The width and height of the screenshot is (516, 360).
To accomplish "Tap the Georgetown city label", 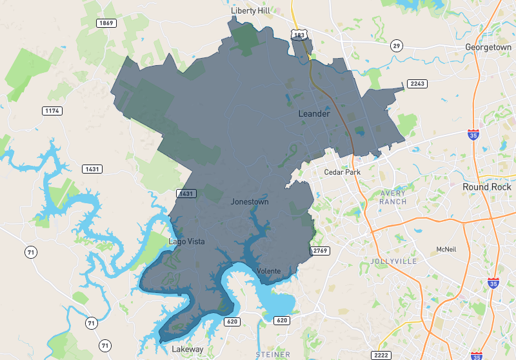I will click(488, 47).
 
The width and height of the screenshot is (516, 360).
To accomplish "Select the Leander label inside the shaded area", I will click(314, 114).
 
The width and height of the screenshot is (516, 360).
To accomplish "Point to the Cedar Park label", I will click(342, 172).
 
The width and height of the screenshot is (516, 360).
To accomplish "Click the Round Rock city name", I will click(486, 186).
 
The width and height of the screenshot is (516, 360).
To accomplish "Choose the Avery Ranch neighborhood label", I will click(393, 197).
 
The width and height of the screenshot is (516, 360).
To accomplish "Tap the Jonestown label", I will click(250, 202).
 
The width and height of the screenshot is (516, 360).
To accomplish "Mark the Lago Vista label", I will click(186, 241).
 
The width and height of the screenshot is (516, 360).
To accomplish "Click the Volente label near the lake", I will click(268, 271).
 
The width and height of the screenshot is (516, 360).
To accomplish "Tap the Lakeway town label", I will click(187, 349).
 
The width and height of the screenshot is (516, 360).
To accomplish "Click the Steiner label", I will click(273, 355).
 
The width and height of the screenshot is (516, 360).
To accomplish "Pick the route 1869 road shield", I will click(106, 23).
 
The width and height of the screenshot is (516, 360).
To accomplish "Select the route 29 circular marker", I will click(396, 45).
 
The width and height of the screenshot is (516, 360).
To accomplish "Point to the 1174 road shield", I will click(52, 111).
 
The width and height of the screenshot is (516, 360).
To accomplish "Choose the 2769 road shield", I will click(320, 250).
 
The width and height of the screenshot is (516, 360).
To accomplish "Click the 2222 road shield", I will click(381, 355).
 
